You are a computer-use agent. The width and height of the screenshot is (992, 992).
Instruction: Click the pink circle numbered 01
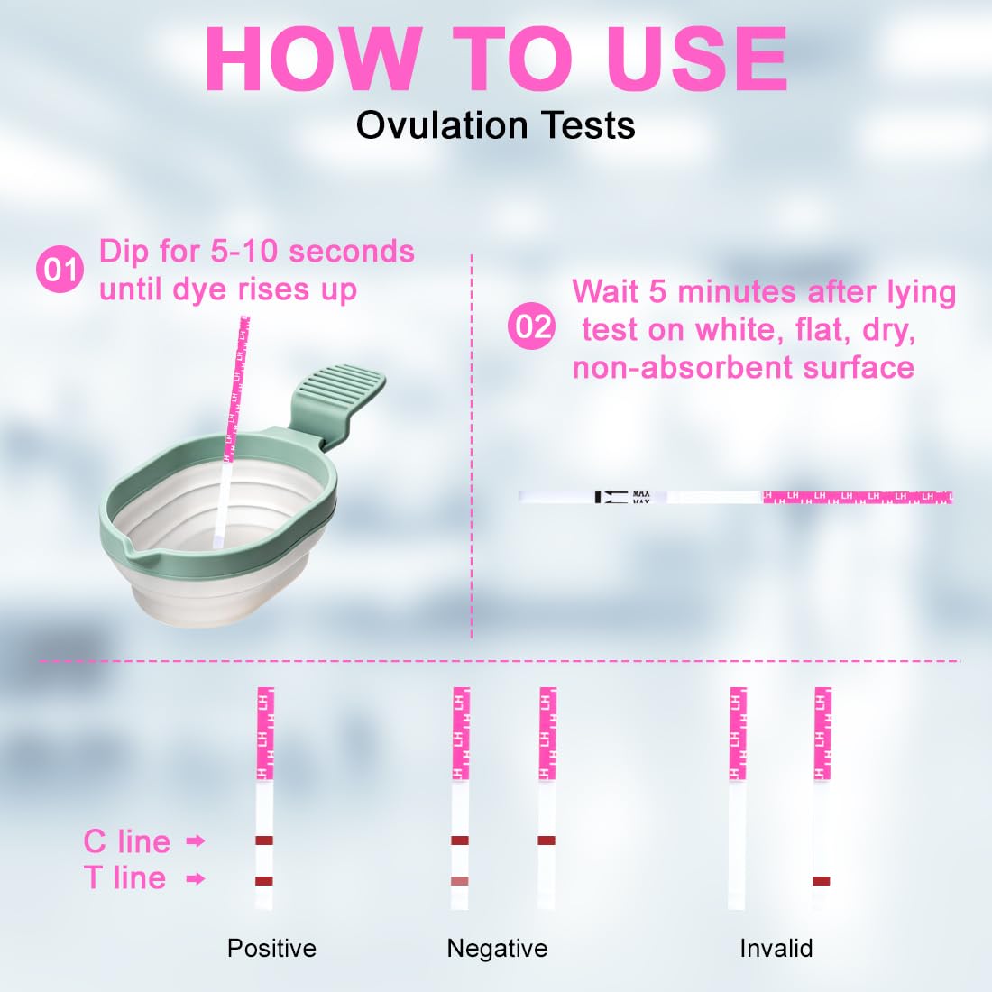pos(60,270)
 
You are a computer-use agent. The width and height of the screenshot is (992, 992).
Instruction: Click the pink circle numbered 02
pos(532,326)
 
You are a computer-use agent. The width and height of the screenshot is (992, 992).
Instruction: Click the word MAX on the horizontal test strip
pos(641,493)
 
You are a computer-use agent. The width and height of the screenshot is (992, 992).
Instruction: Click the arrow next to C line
pos(196,840)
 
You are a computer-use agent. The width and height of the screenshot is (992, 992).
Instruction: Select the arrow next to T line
pos(196,878)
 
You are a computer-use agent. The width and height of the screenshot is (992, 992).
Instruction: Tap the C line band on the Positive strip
pos(264,840)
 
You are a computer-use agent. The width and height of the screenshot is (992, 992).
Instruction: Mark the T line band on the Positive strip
pos(264,881)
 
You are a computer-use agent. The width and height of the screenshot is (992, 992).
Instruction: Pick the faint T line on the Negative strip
pos(460,881)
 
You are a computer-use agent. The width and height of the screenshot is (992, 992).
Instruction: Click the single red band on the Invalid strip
pos(822,881)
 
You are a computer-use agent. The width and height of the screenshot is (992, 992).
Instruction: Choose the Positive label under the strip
pos(272,949)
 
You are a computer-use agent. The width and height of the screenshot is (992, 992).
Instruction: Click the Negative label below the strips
pos(497,949)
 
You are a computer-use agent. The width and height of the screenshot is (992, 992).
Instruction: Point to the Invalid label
pos(776,949)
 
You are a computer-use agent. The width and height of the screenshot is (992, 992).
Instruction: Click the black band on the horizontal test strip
pos(598,497)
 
